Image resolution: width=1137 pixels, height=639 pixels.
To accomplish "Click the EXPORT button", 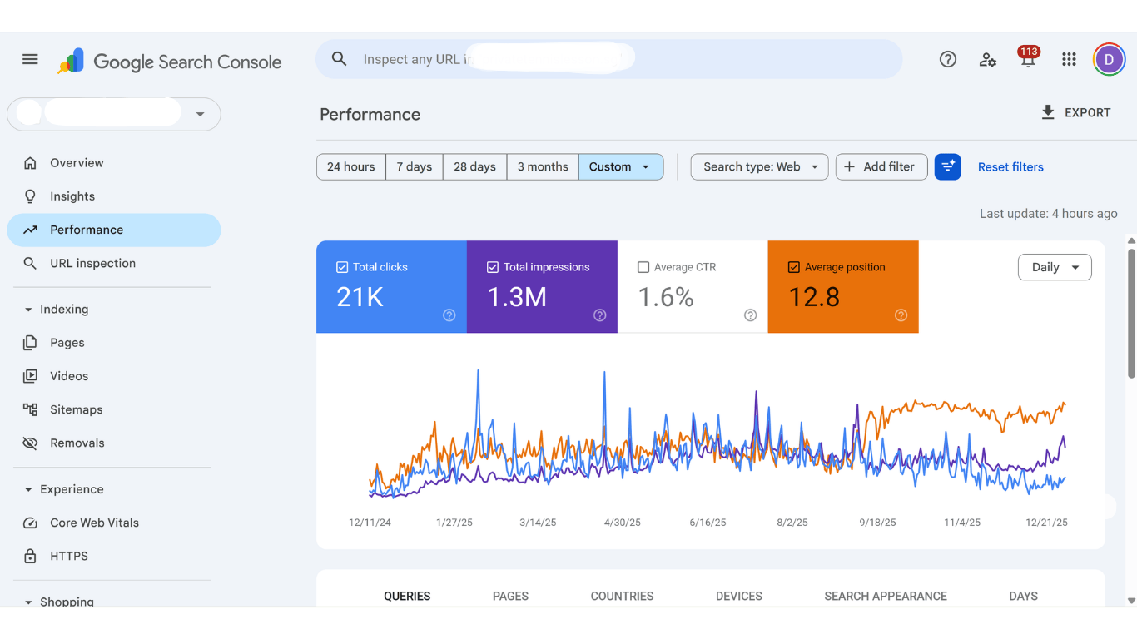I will pos(1075,112).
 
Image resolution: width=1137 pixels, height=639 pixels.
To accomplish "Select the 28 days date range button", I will pos(474,166).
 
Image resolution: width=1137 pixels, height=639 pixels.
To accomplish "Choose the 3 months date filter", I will pos(543,166).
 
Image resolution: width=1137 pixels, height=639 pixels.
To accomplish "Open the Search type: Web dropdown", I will pos(759,166).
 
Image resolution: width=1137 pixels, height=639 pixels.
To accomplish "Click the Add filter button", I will pos(881,166).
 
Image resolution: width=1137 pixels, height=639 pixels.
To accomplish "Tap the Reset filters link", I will pos(1010,166).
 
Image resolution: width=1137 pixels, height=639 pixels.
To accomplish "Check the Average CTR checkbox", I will pos(643,267).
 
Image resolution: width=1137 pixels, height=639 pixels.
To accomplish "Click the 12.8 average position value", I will pos(814,297).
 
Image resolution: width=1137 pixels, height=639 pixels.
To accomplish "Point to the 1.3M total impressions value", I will pos(517,297).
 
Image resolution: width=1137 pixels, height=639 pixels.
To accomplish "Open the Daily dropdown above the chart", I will pos(1055,267).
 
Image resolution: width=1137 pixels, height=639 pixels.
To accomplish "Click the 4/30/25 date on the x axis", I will pos(622,523).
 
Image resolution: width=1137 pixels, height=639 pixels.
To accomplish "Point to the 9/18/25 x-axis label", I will pos(877,523).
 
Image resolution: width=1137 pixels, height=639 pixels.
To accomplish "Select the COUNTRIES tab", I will pos(622,596).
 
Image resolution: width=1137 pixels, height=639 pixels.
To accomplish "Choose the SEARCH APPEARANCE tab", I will pos(886,596).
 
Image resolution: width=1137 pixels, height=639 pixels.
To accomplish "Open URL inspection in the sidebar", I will pos(92,263).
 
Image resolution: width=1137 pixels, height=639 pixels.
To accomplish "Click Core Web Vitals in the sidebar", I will pos(94,523).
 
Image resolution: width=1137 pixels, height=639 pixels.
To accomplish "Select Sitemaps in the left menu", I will pos(76,409).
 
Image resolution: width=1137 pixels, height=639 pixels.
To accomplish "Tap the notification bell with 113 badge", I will pos(1028,60).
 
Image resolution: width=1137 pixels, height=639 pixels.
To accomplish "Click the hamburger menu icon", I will pos(30,59).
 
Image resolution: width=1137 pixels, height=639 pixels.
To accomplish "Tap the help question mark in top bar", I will pos(947,59).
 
